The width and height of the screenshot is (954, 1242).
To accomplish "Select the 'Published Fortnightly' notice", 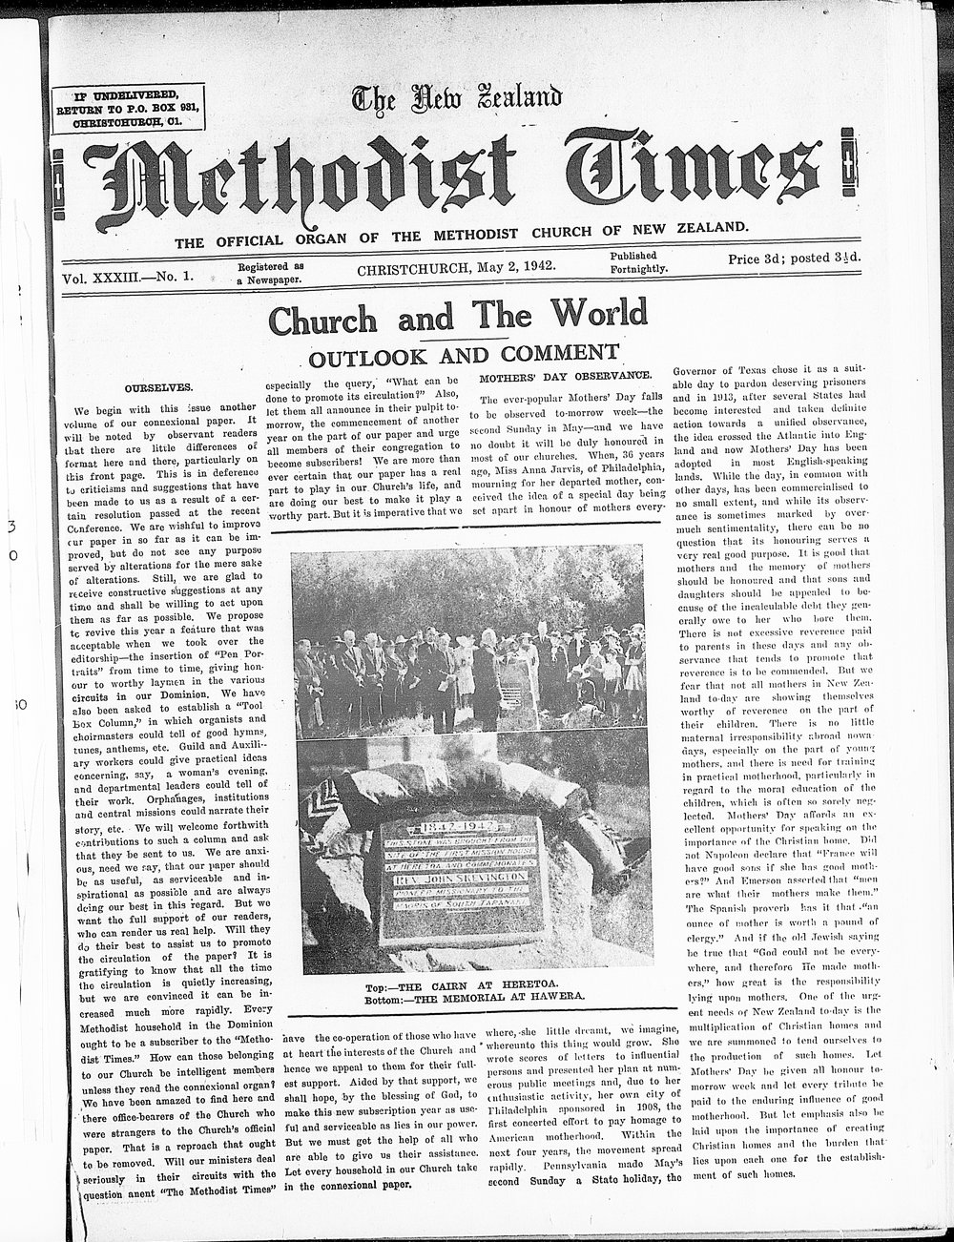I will (x=638, y=262).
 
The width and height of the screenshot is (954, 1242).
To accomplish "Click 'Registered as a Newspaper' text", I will (x=271, y=273).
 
